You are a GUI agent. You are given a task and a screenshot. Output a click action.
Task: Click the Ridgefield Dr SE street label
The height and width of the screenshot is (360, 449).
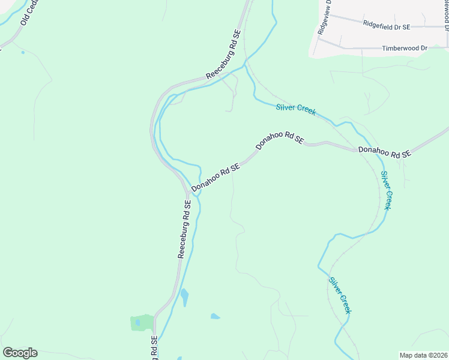tap(386, 26)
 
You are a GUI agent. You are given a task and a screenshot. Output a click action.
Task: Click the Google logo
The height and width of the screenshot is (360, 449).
tap(20, 353)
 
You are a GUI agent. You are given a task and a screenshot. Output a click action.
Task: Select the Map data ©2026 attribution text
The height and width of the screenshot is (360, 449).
tap(423, 355)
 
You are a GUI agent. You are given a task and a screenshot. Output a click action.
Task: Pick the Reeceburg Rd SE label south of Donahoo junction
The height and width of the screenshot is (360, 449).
tap(184, 229)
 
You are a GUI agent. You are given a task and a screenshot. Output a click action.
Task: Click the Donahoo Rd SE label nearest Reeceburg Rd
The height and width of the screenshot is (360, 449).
tap(216, 178)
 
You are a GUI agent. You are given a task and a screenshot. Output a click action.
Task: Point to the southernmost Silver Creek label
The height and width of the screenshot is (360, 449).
tap(340, 295)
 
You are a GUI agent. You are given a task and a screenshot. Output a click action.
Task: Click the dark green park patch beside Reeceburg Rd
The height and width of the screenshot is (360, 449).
tap(142, 323)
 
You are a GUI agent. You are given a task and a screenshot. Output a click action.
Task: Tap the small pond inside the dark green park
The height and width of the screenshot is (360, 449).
tap(138, 322)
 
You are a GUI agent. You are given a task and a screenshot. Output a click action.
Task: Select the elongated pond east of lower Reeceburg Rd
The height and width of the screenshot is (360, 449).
tap(184, 296)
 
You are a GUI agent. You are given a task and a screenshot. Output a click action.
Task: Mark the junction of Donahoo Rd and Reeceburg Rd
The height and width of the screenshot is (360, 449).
tap(187, 193)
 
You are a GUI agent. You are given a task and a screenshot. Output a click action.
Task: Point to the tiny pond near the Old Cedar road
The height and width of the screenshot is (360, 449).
tap(23, 52)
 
